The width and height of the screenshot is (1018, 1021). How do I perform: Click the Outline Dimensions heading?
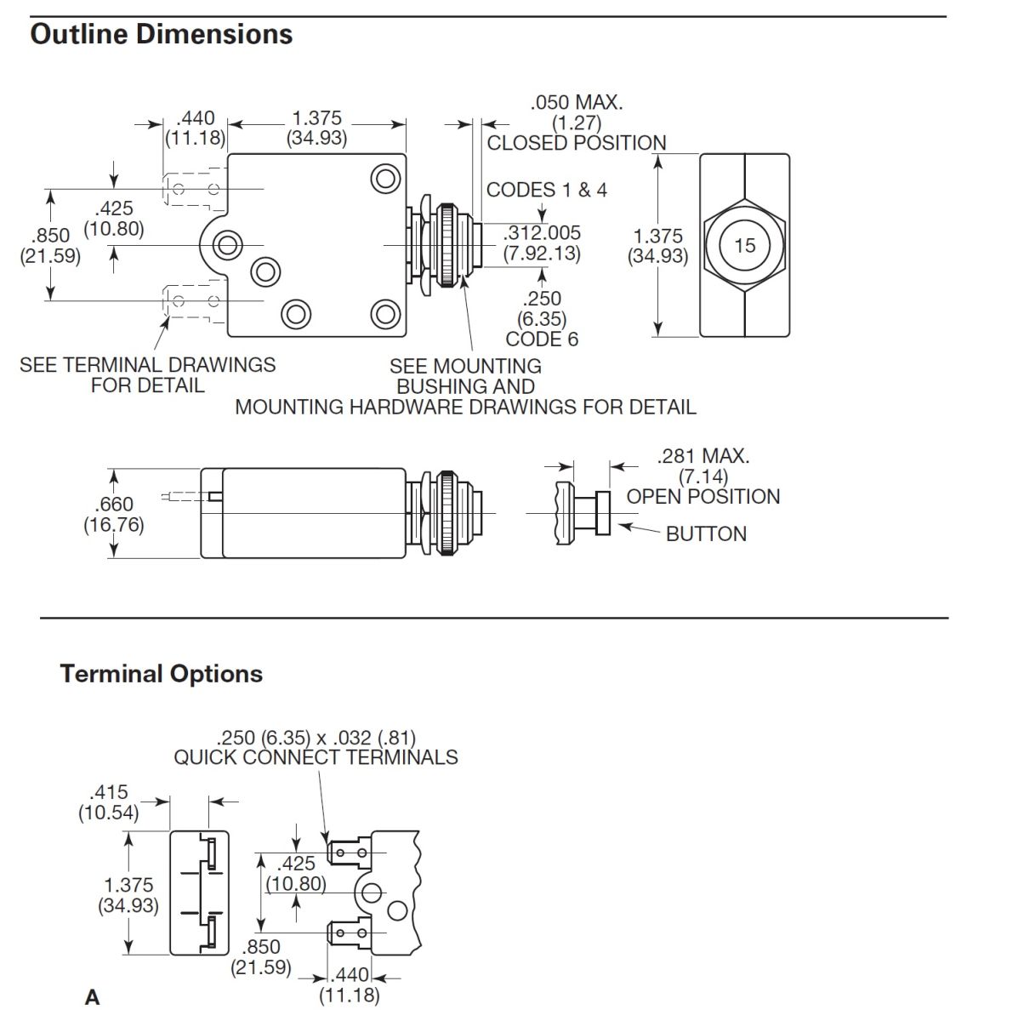pos(161,34)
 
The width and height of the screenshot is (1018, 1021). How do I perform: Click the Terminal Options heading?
pos(161,674)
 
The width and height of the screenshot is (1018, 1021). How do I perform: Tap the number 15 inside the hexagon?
pos(744,246)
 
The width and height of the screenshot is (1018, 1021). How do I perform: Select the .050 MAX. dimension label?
pos(577,103)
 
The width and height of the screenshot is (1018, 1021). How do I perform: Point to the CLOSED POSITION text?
pos(577,143)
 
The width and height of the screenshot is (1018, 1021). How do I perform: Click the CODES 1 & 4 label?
pos(547,190)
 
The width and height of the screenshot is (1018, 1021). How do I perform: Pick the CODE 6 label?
pos(542,339)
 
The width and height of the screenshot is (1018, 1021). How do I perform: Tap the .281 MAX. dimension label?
pos(703,456)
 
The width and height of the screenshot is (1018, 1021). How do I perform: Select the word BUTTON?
pos(706,534)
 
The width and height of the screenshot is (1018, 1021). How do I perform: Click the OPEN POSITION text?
pos(703,497)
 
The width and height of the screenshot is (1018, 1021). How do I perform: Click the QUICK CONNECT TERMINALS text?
pos(316,757)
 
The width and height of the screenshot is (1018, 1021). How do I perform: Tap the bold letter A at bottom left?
pos(92,997)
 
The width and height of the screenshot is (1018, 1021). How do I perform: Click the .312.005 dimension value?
pos(543,233)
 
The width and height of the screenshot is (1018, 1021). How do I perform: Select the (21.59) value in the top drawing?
pos(50,255)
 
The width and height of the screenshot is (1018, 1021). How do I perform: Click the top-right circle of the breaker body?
pos(385,179)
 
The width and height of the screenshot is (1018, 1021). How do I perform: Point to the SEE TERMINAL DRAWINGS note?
pos(148,365)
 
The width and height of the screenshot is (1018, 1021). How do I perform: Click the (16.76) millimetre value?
pos(114,525)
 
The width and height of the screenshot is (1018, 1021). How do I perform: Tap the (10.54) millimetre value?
pos(108,813)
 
